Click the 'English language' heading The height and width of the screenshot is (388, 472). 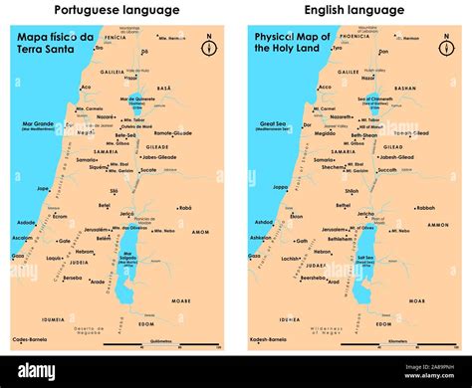tap(354, 11)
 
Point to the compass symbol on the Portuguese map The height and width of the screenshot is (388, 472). tap(208, 49)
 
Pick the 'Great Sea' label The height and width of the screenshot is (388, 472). tap(270, 124)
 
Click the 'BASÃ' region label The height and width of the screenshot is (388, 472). tap(165, 87)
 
